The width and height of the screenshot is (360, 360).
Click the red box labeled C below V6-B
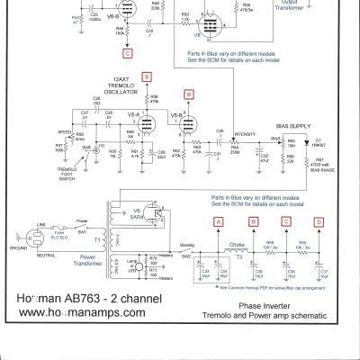pyautogui.click(x=130, y=54)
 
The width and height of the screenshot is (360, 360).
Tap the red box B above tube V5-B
pyautogui.click(x=188, y=93)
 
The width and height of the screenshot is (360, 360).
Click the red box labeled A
pyautogui.click(x=217, y=220)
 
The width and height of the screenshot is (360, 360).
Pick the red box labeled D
pyautogui.click(x=318, y=220)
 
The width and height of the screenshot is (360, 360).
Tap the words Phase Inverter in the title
pyautogui.click(x=262, y=305)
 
